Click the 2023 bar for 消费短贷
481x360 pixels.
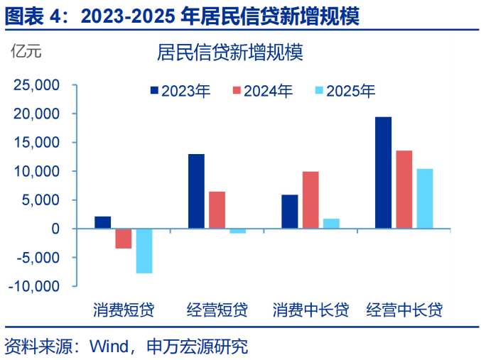pos(102,222)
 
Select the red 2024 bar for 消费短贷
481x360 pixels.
pos(124,239)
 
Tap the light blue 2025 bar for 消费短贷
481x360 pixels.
pos(144,251)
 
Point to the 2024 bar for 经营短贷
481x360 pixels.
pos(217,210)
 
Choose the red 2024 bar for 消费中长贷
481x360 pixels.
pos(310,200)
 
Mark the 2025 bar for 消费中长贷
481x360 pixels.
pos(331,224)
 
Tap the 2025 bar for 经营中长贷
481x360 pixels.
pos(425,199)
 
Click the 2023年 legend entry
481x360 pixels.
pos(180,91)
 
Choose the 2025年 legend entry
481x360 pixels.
pos(345,91)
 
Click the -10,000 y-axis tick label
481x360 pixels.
pos(33,286)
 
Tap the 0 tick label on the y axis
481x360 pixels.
pos(55,229)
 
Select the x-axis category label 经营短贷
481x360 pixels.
pos(217,310)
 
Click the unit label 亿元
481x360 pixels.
pos(26,51)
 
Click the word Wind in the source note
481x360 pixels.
pos(106,347)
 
